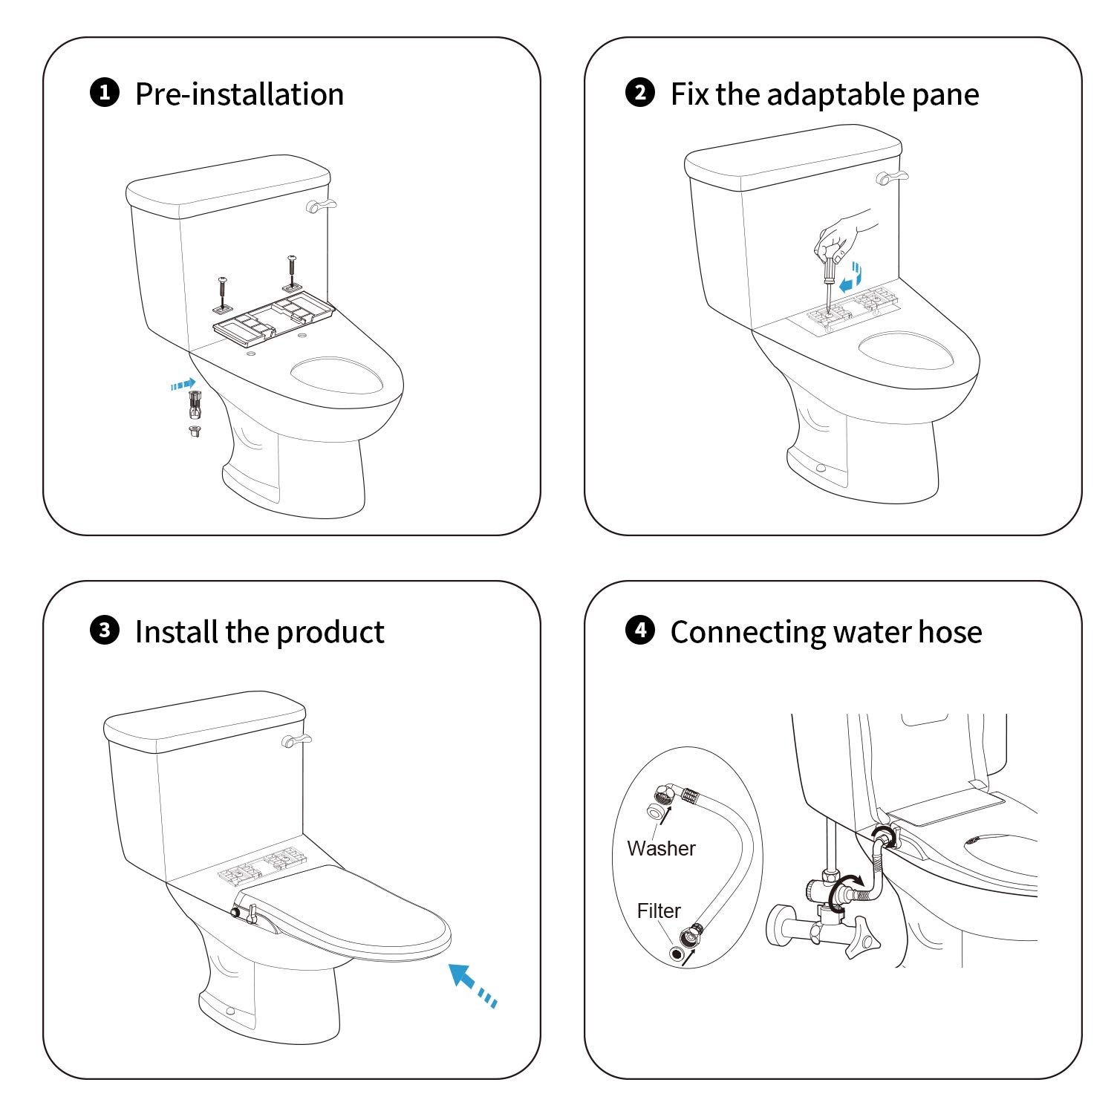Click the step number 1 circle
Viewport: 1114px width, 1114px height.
point(105,93)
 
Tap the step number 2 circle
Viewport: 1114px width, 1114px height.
point(640,93)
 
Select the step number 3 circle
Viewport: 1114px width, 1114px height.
point(105,631)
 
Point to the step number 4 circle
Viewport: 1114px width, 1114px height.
point(640,631)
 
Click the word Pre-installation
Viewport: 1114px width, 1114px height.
point(239,94)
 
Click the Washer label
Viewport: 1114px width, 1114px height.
point(661,848)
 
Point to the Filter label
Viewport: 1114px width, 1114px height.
point(659,911)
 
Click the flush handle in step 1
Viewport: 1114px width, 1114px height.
point(321,206)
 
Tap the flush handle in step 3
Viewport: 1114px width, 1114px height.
point(296,740)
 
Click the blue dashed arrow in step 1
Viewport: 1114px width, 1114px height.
point(183,384)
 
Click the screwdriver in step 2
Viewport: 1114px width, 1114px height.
point(828,282)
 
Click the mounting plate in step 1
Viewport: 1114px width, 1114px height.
point(274,319)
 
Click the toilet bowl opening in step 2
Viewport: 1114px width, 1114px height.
point(905,350)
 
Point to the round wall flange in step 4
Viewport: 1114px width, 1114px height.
point(781,926)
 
